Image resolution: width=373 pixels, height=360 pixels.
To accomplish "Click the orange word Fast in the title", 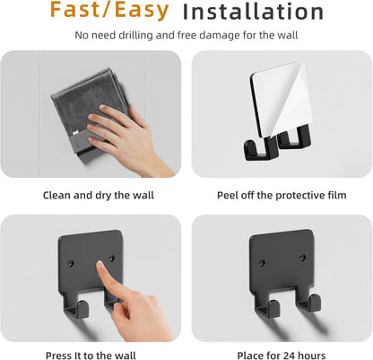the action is coord(74,9).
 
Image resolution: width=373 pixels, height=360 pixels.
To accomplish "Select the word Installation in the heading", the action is coord(253,12).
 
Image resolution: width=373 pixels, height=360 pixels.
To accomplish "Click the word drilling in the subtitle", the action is coord(135,35).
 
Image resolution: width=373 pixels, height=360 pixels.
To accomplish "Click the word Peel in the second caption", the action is coord(227,196).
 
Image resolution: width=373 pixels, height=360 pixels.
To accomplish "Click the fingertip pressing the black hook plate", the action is coord(100,265).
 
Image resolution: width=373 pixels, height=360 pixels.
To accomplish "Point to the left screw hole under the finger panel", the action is coord(71,263).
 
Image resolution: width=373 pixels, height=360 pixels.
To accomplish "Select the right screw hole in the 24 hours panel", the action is coord(303,258).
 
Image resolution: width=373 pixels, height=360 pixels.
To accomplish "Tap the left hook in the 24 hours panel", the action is coord(269,307).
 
